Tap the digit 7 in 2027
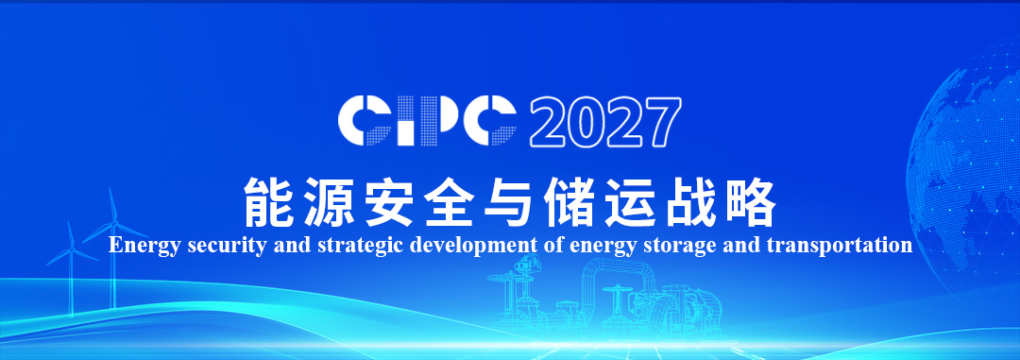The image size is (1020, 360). pyautogui.click(x=661, y=121)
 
